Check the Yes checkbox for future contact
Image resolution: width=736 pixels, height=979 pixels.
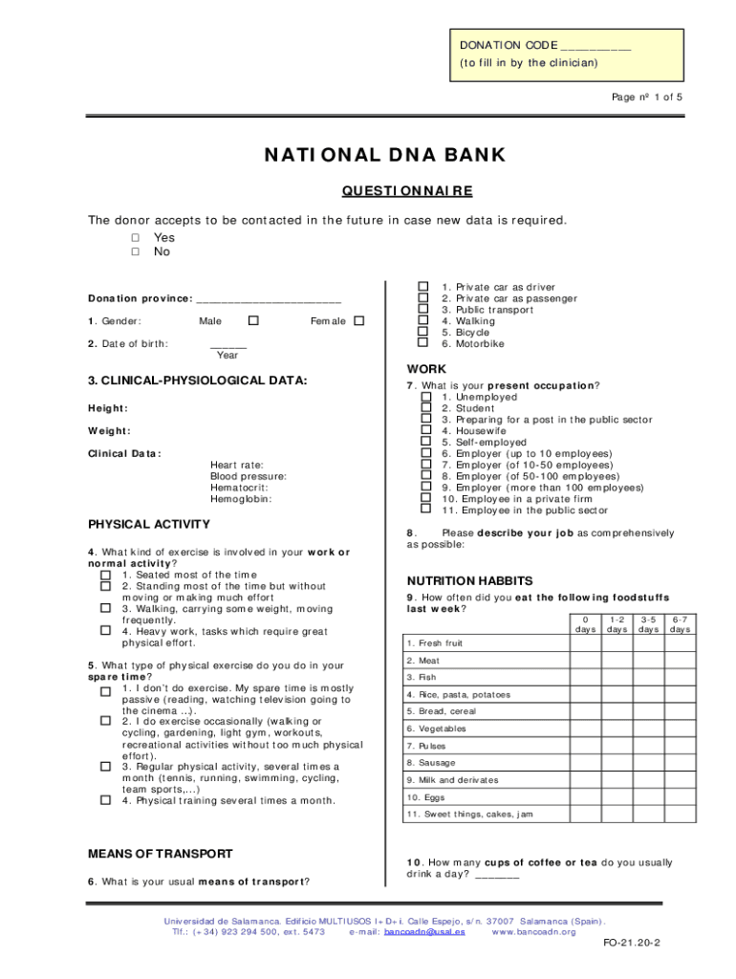point(136,237)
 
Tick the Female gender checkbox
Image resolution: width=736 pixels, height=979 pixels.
point(359,321)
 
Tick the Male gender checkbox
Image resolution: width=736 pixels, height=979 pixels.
point(253,321)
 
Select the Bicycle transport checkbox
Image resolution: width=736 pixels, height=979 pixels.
point(422,332)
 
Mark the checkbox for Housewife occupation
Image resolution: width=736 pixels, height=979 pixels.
point(426,431)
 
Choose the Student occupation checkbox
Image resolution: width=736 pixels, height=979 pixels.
point(426,408)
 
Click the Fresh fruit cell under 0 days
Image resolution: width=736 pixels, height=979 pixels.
point(585,643)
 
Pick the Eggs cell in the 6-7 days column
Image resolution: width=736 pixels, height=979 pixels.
point(680,796)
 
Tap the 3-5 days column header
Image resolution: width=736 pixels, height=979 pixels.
point(649,624)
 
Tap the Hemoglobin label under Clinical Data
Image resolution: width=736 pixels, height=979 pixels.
point(241,499)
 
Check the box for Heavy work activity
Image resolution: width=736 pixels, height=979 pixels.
point(105,631)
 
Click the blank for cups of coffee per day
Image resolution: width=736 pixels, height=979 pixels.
point(497,875)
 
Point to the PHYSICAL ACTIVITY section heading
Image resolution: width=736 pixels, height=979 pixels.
point(149,524)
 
